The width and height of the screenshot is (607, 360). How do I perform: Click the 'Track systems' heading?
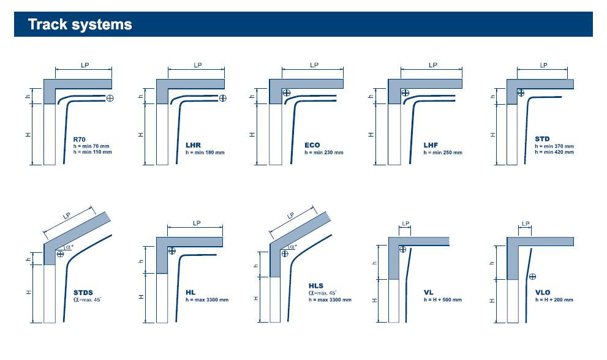(80, 24)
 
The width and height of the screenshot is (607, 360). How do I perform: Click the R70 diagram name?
(80, 140)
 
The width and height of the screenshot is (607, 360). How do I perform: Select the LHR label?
(193, 145)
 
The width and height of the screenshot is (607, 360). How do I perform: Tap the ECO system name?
(312, 145)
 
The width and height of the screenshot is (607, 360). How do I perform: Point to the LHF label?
(431, 145)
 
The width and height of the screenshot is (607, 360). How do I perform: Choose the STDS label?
(83, 293)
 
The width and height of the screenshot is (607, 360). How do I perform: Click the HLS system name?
(316, 286)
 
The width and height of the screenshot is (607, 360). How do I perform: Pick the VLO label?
(543, 293)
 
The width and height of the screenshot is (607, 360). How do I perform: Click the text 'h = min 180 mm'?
(205, 152)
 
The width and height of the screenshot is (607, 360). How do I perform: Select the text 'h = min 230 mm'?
(324, 152)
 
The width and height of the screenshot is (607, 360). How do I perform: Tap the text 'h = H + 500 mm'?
(443, 299)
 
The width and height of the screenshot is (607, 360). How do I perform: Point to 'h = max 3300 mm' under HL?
(207, 299)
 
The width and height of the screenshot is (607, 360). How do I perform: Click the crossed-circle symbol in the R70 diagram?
(110, 98)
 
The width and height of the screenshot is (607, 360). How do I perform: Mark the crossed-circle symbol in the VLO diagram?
(533, 276)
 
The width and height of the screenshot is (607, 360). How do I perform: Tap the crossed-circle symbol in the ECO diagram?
(287, 92)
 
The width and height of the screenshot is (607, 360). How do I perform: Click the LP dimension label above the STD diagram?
(543, 65)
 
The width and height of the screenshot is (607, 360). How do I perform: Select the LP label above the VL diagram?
(405, 223)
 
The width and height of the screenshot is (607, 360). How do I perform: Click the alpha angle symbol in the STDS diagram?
(69, 247)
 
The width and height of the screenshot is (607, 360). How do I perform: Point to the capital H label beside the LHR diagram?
(141, 135)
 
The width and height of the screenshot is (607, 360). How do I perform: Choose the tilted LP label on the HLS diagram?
(291, 216)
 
